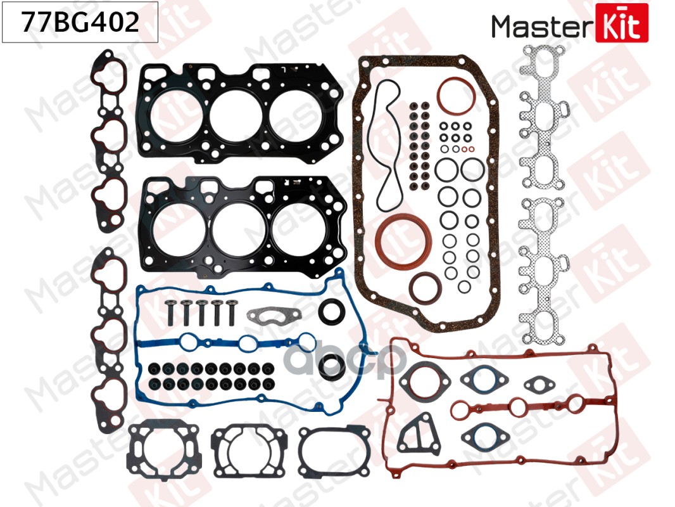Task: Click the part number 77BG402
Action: (x=80, y=23)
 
